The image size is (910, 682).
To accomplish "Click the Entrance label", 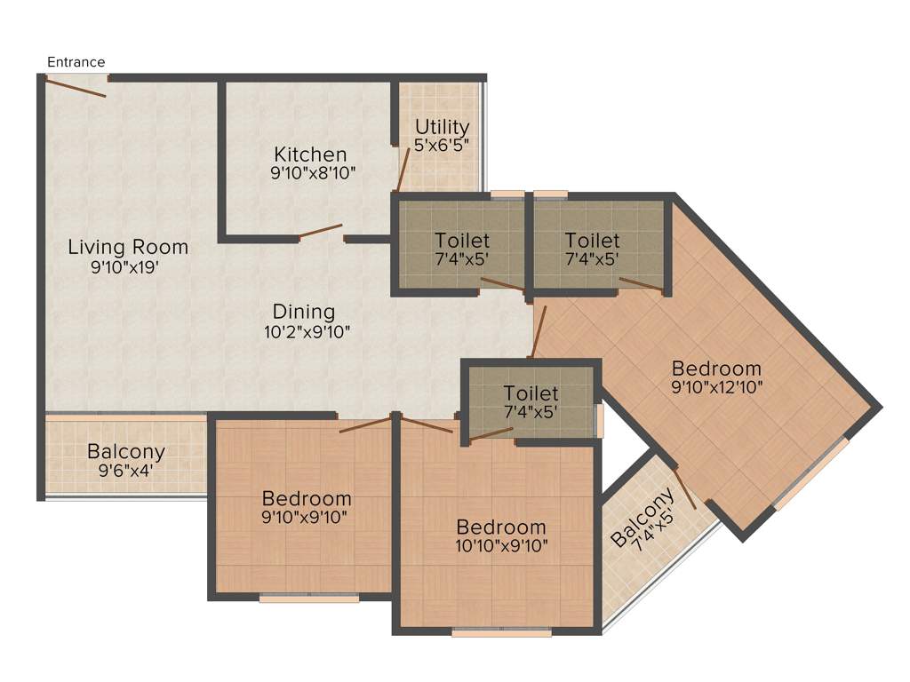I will pos(76,62).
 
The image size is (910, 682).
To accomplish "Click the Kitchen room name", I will pos(310,155).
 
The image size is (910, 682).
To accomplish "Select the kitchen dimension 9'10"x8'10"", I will pos(313,173).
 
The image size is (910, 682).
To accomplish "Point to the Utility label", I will pos(442,127).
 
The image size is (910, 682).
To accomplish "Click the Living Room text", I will pos(128,247).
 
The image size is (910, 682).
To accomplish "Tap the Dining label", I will pos(304,312).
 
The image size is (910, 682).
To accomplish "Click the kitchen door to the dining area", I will pos(321,232).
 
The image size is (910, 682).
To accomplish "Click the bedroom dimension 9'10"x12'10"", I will pos(716,387).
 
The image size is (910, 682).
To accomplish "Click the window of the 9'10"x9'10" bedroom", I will pos(309,599).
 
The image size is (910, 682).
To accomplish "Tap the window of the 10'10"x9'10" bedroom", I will pos(501,633).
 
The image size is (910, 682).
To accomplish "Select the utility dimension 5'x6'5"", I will pos(442,144).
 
